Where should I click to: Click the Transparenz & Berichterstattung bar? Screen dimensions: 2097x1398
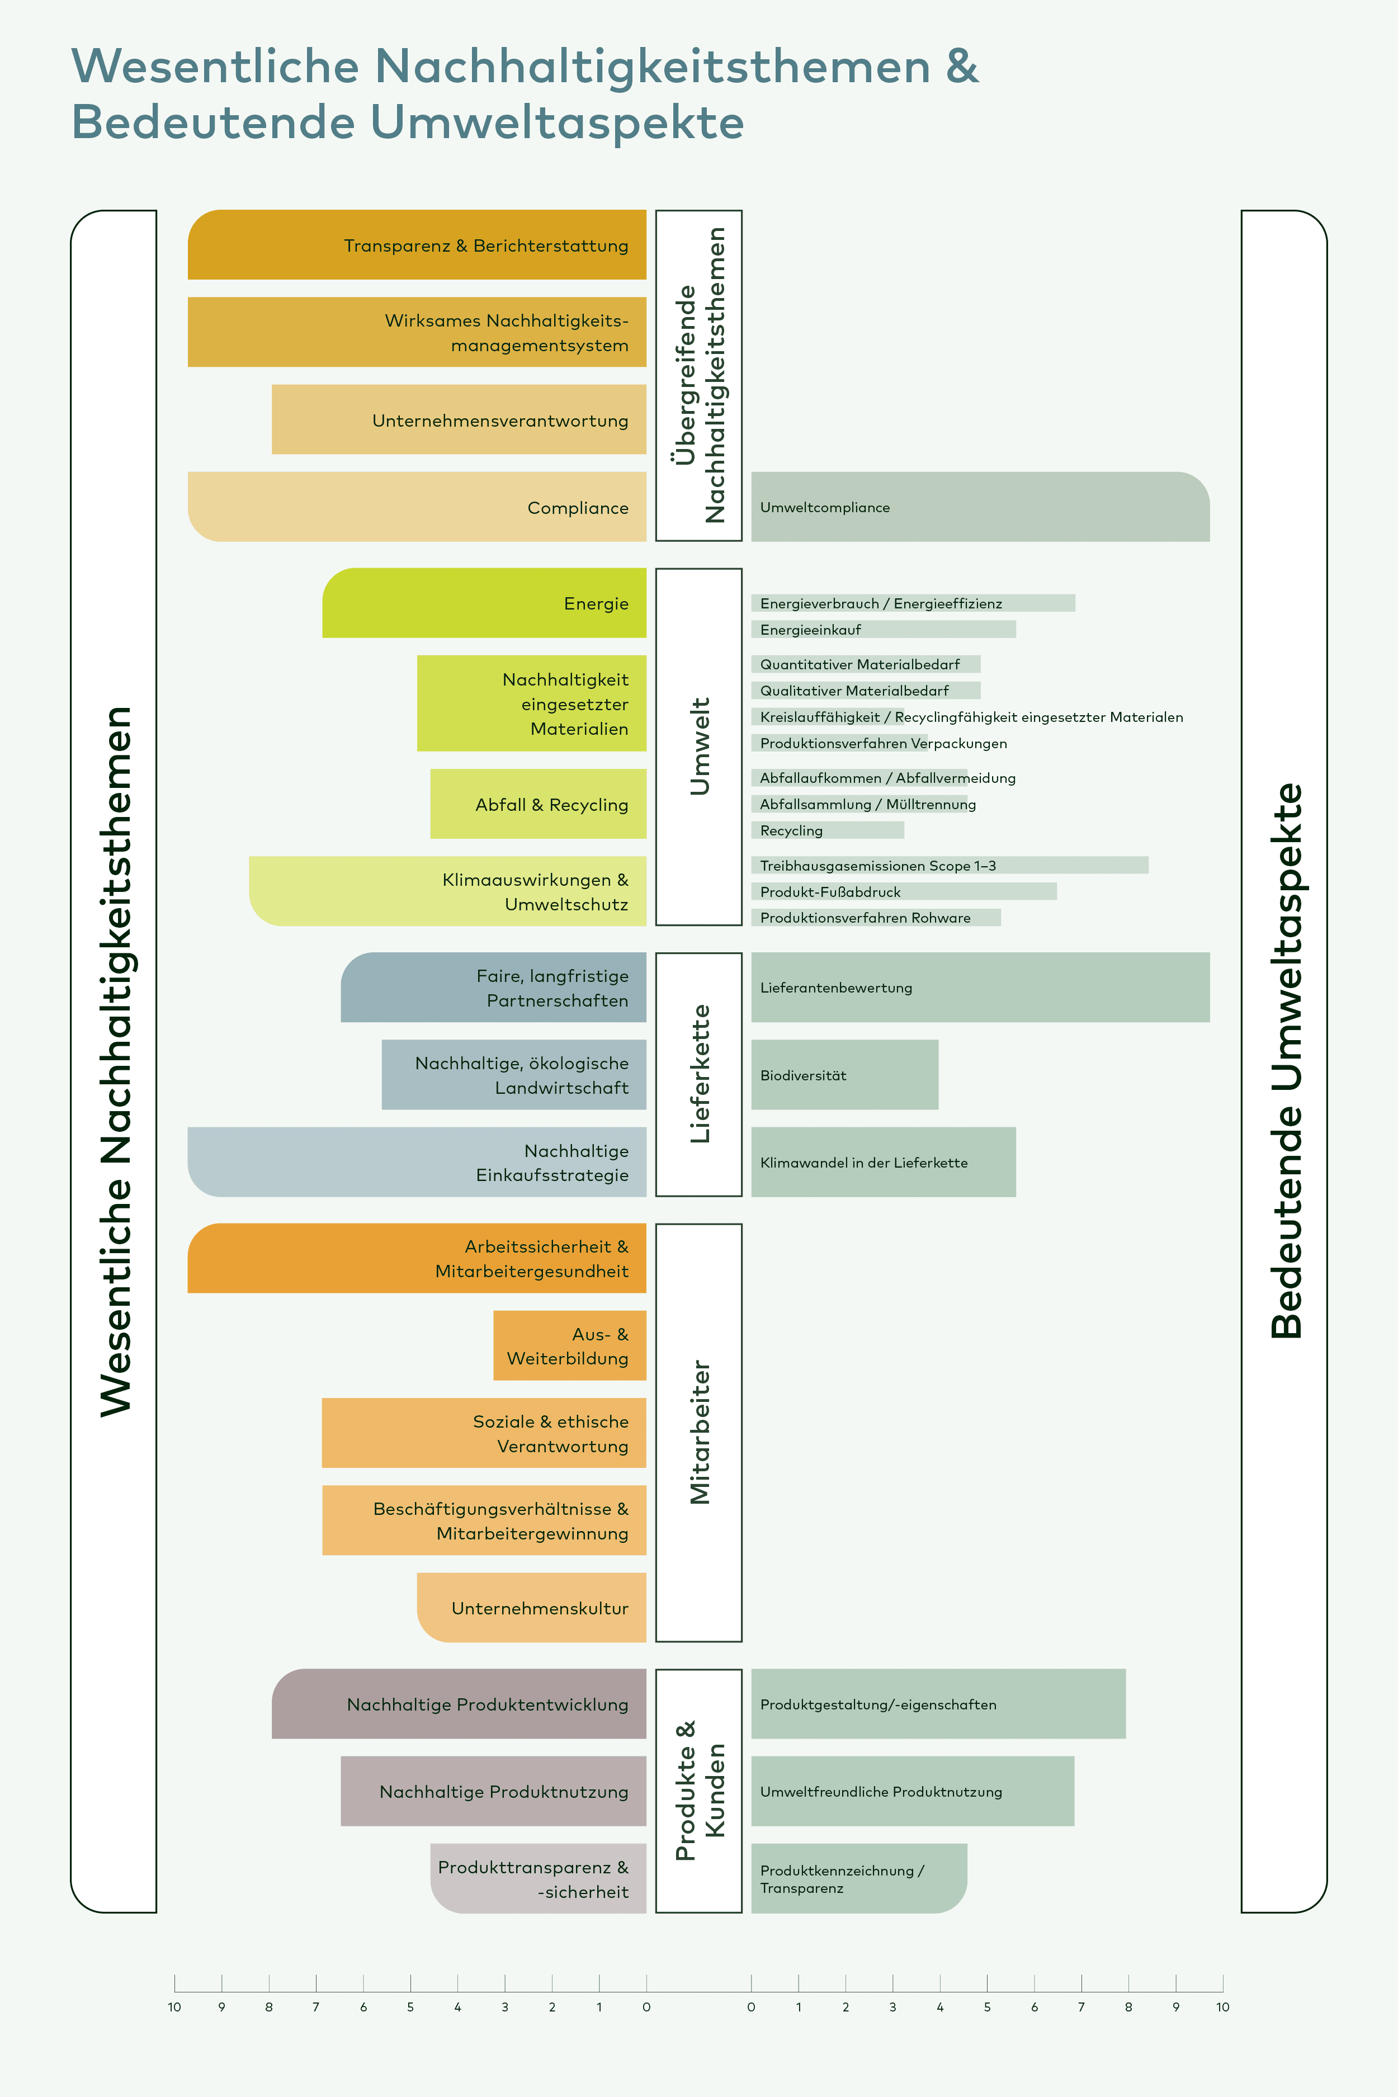pos(417,244)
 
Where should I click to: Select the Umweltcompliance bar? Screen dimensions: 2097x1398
pos(980,507)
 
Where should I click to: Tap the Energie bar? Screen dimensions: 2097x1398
pos(484,603)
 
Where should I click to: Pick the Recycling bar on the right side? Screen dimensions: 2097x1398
pos(828,830)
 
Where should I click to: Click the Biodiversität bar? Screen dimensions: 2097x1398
pos(844,1074)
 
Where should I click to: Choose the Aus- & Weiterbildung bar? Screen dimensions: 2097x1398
pos(569,1345)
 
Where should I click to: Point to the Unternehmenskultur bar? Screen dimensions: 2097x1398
pos(531,1608)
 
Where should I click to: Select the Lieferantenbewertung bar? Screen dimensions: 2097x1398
pos(980,987)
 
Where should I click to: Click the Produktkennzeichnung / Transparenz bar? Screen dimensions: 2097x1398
pos(858,1878)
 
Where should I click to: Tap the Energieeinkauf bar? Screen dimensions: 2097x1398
pos(882,630)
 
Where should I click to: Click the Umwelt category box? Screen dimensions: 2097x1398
pos(699,747)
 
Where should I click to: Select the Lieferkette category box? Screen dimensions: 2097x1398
pos(699,1074)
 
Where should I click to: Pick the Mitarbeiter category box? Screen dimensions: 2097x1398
pos(699,1433)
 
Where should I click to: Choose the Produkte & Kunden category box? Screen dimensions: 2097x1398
pos(699,1791)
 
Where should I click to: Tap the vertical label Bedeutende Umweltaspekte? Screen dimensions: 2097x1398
pos(1285,1061)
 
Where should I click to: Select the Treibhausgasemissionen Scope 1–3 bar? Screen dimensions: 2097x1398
pos(950,865)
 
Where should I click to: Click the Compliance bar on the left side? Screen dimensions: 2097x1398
pos(417,507)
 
